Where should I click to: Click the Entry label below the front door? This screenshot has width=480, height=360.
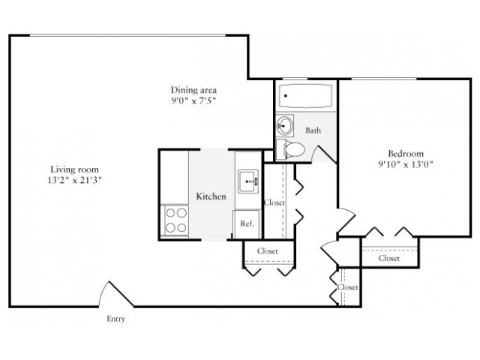(115, 319)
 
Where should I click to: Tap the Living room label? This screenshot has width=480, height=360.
(74, 169)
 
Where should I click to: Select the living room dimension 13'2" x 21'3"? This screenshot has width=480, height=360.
(74, 180)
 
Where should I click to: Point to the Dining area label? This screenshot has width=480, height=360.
(193, 90)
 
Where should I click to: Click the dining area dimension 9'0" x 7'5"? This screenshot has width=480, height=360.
(193, 100)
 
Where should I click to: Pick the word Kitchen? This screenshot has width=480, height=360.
(211, 196)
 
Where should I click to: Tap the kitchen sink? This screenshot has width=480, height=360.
(248, 181)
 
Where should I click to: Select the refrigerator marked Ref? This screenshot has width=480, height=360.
(247, 224)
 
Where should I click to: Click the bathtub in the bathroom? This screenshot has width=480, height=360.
(305, 96)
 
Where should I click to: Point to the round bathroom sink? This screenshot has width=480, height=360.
(285, 125)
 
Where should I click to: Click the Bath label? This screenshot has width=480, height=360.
(313, 130)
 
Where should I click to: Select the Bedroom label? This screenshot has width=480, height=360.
(406, 153)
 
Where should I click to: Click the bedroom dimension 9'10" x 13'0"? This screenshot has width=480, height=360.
(406, 164)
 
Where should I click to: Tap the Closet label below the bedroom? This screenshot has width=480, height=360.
(389, 258)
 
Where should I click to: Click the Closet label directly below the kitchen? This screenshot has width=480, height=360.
(268, 251)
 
